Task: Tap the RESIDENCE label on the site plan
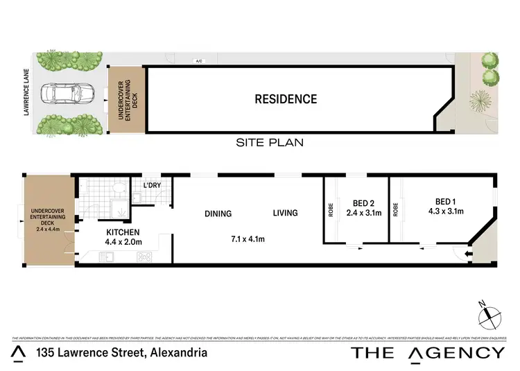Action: pyautogui.click(x=286, y=98)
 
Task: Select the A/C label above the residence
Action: pyautogui.click(x=199, y=61)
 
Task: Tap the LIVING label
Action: pyautogui.click(x=284, y=214)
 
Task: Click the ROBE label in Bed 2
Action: pyautogui.click(x=330, y=209)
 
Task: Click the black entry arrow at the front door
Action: pyautogui.click(x=471, y=255)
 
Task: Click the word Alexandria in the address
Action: pyautogui.click(x=177, y=353)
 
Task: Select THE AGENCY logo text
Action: pyautogui.click(x=428, y=353)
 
